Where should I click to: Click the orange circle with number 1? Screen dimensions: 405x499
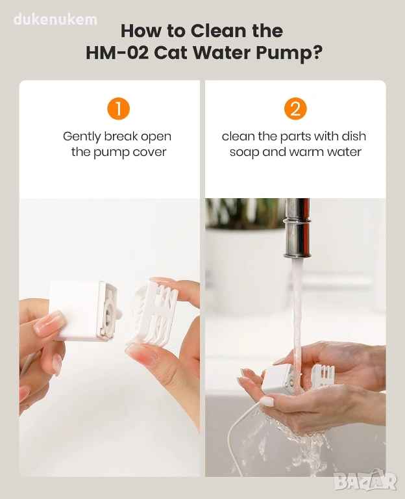pyautogui.click(x=118, y=109)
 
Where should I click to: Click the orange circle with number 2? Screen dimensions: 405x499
pyautogui.click(x=295, y=109)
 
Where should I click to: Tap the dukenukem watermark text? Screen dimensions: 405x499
pyautogui.click(x=55, y=19)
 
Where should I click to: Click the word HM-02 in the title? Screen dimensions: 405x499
pyautogui.click(x=117, y=53)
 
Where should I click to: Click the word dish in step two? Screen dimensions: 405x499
pyautogui.click(x=354, y=136)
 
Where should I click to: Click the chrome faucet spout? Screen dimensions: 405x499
pyautogui.click(x=297, y=227)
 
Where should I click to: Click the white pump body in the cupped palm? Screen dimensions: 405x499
pyautogui.click(x=278, y=379)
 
